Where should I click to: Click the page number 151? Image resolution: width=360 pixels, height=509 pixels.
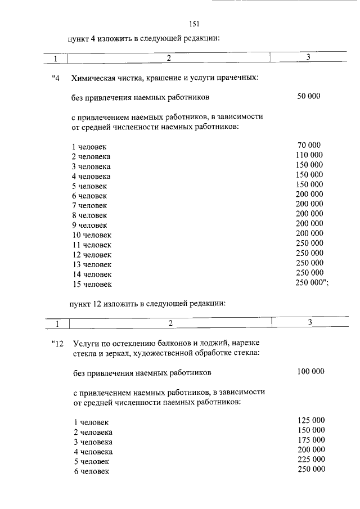pos(196,24)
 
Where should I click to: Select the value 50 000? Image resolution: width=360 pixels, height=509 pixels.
pos(309,97)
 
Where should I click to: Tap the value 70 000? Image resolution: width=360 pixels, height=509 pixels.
pos(309,146)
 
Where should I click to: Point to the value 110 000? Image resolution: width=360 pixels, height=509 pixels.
pos(309,155)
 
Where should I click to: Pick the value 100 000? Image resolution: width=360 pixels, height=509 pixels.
pos(310,372)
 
